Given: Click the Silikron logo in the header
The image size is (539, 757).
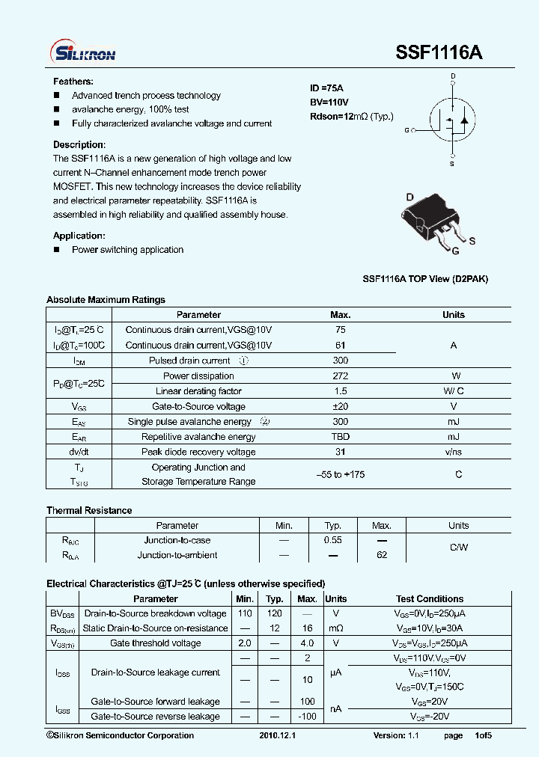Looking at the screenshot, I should pos(82,52).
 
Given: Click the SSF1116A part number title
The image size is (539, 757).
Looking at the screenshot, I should pos(439,53).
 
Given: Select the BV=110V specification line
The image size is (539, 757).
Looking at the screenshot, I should pos(329,102).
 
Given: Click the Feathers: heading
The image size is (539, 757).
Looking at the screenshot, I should pos(73,81).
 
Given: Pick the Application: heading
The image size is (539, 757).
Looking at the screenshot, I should pos(79,236).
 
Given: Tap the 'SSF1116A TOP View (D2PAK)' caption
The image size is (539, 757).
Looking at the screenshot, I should pos(425,279).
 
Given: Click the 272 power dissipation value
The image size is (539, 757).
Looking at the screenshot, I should pos(341,376).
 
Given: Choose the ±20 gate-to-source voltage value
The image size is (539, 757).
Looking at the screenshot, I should pos(341,407).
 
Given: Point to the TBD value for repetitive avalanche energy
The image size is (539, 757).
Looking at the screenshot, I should pos(341,437).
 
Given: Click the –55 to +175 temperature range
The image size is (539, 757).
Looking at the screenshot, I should pos(341,474).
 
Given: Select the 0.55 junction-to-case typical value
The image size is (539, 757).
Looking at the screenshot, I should pos(333,540).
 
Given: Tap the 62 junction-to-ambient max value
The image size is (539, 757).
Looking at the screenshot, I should pos(382,555).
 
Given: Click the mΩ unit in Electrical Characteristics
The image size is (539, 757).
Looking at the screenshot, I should pos(336,628).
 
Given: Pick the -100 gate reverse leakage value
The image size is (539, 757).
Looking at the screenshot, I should pos(307,717).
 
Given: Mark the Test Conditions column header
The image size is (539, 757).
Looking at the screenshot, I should pos(430,599).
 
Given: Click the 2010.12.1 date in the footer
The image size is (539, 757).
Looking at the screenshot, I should pos(278,735).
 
